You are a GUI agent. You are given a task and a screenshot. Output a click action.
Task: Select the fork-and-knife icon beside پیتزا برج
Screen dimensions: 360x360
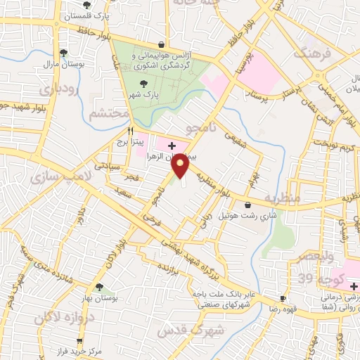click(130, 131)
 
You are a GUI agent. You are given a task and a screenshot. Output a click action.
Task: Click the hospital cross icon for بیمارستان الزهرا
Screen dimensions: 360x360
click(172, 146)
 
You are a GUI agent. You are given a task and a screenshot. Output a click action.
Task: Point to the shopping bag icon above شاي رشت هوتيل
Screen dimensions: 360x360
click(247, 205)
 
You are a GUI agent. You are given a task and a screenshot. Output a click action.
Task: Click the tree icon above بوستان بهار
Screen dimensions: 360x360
click(98, 286)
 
